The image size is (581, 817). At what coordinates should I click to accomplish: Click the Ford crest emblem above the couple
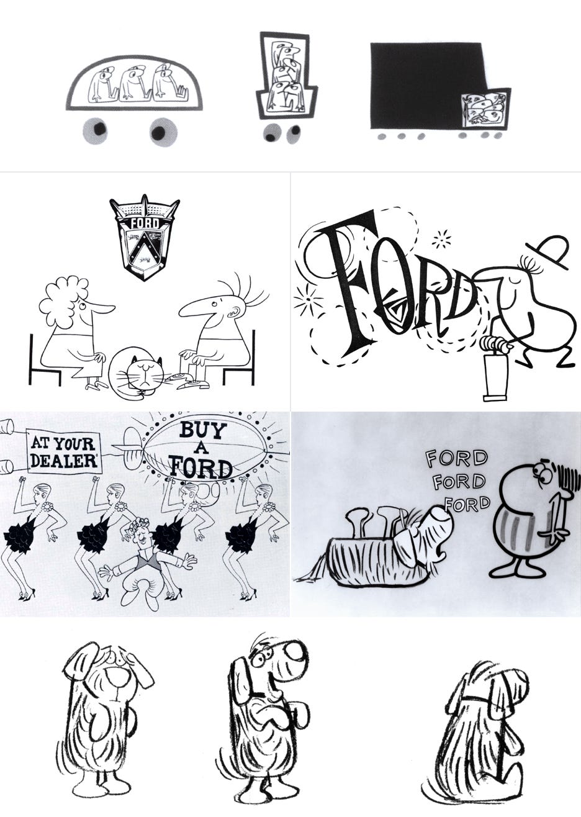[144, 236]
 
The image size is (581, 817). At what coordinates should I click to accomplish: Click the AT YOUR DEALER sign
[63, 451]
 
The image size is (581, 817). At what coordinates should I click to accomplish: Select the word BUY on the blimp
[202, 430]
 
